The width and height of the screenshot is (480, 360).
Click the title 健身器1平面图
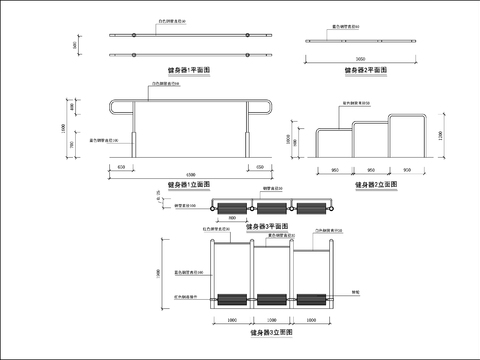point(190,71)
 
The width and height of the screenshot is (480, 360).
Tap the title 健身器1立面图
point(190,185)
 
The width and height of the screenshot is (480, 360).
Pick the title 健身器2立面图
point(375,185)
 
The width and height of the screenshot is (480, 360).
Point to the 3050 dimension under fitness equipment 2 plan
point(361,58)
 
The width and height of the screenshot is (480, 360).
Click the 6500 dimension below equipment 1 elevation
point(190,175)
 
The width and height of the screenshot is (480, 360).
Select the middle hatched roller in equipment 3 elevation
point(272,298)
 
